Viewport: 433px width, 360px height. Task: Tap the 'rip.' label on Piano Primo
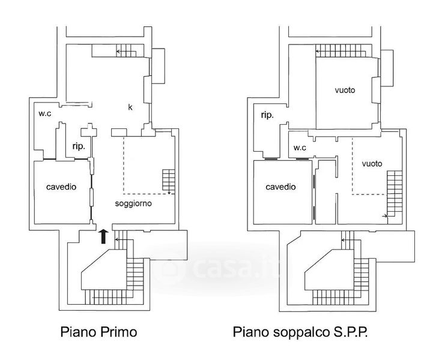click(79, 146)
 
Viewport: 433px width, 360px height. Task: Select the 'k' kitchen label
click(130, 107)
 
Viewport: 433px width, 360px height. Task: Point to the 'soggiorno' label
click(133, 203)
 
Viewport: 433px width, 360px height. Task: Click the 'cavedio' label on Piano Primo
click(61, 187)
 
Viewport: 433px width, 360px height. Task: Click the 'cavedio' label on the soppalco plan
click(281, 187)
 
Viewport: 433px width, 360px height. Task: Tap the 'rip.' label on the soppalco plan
click(267, 116)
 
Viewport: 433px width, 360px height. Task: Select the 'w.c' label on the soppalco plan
click(300, 148)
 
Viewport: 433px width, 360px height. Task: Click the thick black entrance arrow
click(103, 236)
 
